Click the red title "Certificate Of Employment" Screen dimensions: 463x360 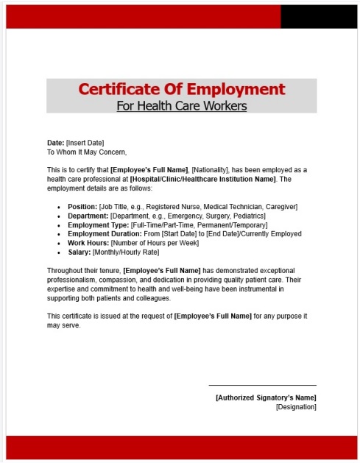coord(181,90)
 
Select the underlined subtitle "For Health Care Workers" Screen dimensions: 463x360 coord(181,106)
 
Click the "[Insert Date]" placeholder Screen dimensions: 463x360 coord(85,143)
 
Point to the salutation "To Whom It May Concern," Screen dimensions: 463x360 coord(87,152)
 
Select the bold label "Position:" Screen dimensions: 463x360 coord(82,207)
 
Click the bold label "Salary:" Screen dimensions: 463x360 coord(79,252)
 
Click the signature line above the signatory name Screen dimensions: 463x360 coord(262,385)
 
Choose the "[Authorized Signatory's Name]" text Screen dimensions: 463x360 coord(266,397)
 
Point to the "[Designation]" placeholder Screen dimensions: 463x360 coord(296,406)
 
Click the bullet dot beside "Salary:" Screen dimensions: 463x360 coord(59,252)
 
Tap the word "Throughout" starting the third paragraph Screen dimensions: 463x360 coord(66,271)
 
